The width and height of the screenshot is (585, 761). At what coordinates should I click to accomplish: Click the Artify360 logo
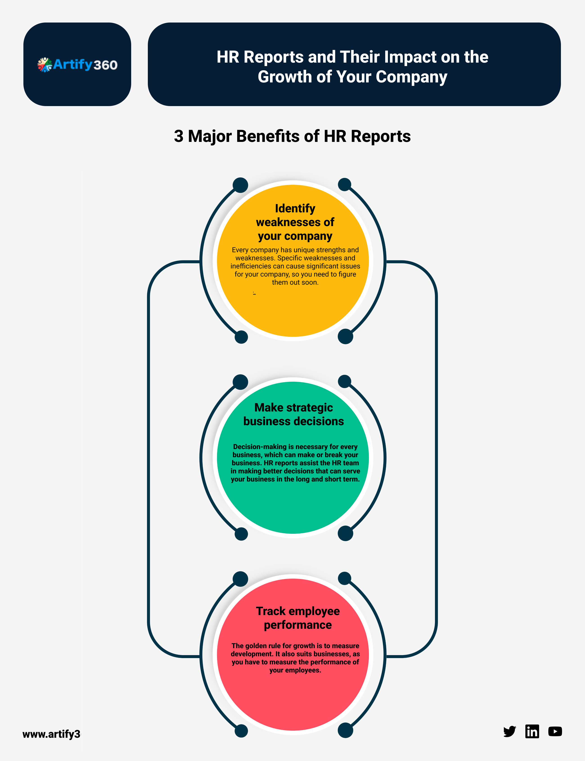coord(77,64)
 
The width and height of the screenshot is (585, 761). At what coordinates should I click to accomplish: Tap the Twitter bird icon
coord(509,731)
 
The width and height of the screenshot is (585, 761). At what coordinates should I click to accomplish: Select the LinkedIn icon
coord(532,731)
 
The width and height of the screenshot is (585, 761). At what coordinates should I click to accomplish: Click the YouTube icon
coord(555,731)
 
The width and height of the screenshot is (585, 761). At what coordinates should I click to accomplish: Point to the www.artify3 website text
coord(52,734)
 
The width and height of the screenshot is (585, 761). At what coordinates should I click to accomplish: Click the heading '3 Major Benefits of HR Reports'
coord(292,136)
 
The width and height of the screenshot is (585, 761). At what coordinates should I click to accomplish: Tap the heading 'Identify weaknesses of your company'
coord(295,222)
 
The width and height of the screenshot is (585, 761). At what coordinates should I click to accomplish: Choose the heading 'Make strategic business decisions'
coord(294,414)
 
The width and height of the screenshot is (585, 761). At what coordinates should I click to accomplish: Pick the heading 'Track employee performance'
coord(298,618)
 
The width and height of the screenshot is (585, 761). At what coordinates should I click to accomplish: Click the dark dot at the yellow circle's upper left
coord(240,185)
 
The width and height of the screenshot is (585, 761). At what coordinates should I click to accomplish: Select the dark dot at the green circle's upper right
coord(344,381)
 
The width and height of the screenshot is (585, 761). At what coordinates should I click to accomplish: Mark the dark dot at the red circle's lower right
coord(345,730)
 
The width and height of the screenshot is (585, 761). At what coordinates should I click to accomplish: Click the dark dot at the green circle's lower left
coord(241,534)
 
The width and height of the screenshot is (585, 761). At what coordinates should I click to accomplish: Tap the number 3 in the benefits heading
coord(179,136)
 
